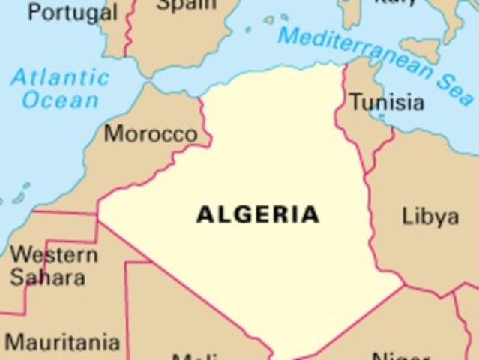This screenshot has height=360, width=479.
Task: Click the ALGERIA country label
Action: coord(258,214)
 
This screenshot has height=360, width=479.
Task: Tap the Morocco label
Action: coord(151,134)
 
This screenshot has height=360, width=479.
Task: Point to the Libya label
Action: coord(430,217)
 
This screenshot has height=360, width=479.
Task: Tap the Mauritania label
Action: coord(62,342)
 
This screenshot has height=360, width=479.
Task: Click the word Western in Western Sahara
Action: coord(53,254)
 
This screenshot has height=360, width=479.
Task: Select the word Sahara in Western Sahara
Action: coord(48,277)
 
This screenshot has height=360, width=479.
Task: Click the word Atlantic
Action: coord(60,77)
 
